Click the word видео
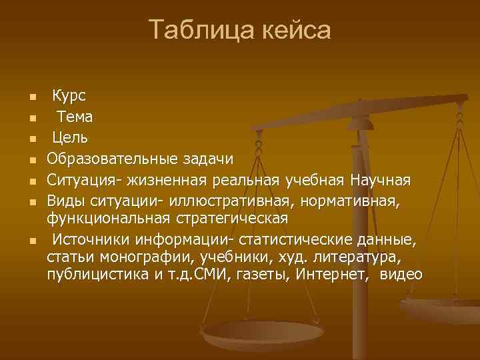404,274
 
